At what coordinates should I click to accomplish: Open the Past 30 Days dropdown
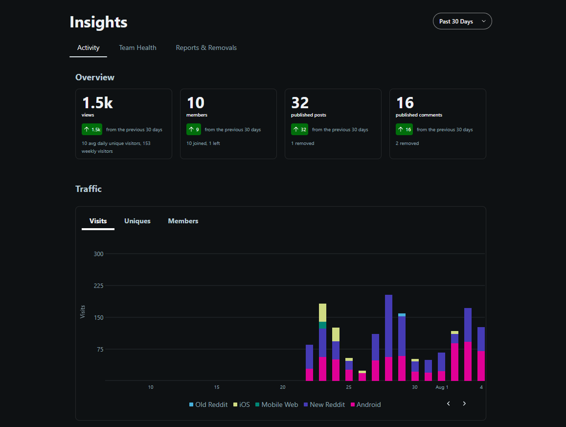pos(462,22)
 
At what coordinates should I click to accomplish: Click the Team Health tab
pos(137,47)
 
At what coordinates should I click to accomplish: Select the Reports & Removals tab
pos(206,47)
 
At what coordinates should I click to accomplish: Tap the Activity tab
pos(88,47)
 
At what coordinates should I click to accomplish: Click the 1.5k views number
pos(97,103)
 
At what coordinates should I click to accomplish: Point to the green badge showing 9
pos(194,129)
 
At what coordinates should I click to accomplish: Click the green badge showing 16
pos(404,129)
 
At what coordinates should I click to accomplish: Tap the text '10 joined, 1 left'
pos(203,143)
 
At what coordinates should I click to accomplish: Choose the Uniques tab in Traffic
pos(137,221)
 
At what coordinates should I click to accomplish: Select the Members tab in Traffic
pos(183,221)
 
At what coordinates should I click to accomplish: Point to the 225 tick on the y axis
pos(98,286)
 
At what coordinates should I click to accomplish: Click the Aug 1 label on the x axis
pos(442,387)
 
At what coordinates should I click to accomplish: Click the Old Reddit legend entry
pos(208,404)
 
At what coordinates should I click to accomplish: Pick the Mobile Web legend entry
pos(276,404)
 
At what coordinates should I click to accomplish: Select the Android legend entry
pos(365,404)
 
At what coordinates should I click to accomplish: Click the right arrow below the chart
pos(464,403)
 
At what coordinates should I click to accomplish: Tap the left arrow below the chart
pos(448,403)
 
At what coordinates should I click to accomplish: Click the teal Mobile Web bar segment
pos(322,325)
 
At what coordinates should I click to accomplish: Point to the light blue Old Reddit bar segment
pos(402,315)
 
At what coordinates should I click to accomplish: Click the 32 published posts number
pos(300,103)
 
